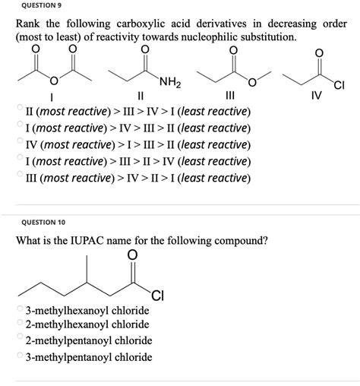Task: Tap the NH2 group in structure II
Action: pyautogui.click(x=169, y=82)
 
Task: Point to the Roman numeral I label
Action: pyautogui.click(x=51, y=97)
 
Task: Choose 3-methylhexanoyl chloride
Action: pyautogui.click(x=87, y=311)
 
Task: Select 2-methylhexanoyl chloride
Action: pyautogui.click(x=87, y=326)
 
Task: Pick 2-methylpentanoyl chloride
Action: pyautogui.click(x=88, y=341)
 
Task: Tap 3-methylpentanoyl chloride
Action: pyautogui.click(x=88, y=357)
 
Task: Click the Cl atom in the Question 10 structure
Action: pyautogui.click(x=156, y=296)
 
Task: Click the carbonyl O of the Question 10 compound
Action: pyautogui.click(x=134, y=255)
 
